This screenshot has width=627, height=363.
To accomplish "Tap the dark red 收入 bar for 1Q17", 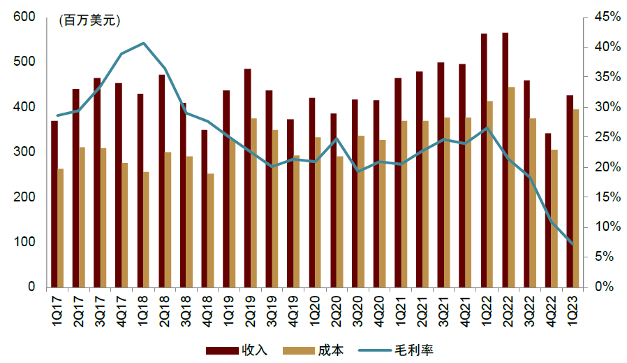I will pyautogui.click(x=54, y=204).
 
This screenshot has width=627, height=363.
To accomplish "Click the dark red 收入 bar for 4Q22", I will pyautogui.click(x=548, y=210).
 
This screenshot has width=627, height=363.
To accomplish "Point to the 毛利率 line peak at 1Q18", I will pyautogui.click(x=144, y=43).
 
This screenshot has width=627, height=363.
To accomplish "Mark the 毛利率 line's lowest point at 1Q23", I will pyautogui.click(x=573, y=244).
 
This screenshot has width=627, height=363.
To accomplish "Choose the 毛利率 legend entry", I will pyautogui.click(x=396, y=350).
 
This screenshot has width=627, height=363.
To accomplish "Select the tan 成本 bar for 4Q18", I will pyautogui.click(x=211, y=230).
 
